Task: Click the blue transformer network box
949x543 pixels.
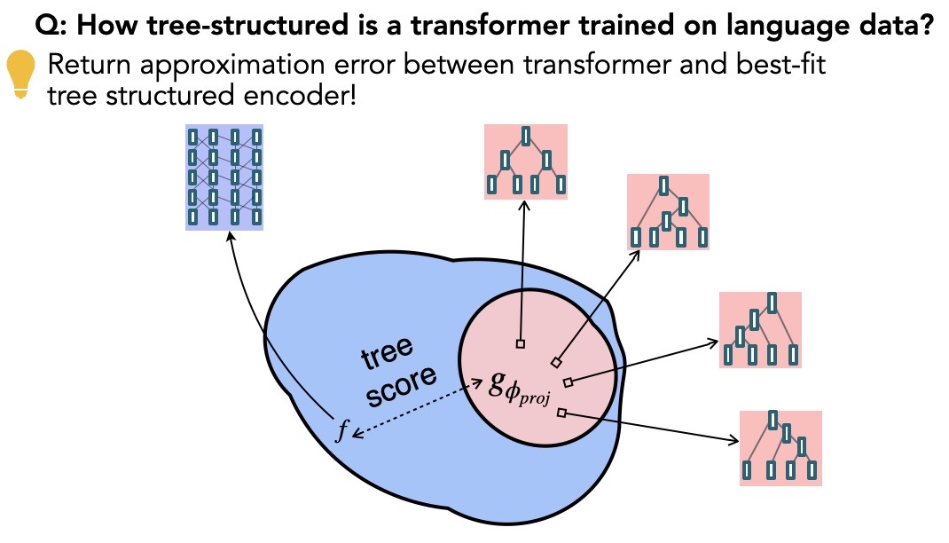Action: [224, 177]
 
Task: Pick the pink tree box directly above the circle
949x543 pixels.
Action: [526, 161]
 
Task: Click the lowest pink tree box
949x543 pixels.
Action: [780, 447]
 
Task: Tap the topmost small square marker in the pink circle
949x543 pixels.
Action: [521, 343]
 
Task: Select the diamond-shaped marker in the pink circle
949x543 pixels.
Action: [556, 362]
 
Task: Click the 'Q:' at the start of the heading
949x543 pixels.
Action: [51, 28]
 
